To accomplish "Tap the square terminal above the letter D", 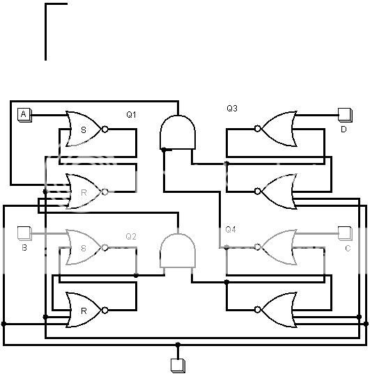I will coord(344,113).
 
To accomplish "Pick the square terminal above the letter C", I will coord(344,232).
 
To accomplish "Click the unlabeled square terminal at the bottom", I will coord(178,364).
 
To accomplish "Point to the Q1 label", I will coord(132,114).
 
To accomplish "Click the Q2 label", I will coord(131,236).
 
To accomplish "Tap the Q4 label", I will coord(231,230).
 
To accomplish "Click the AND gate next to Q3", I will coord(178,132).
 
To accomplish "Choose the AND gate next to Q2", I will coord(178,251).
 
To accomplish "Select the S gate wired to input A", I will coord(84,129).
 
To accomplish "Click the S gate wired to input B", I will coord(84,247).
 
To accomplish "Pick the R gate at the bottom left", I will coord(84,309).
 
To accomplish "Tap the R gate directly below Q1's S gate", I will coord(84,191).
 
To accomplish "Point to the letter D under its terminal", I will coord(344,129).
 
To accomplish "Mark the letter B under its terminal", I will coord(24,247).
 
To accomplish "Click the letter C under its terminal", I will coord(347,247).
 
